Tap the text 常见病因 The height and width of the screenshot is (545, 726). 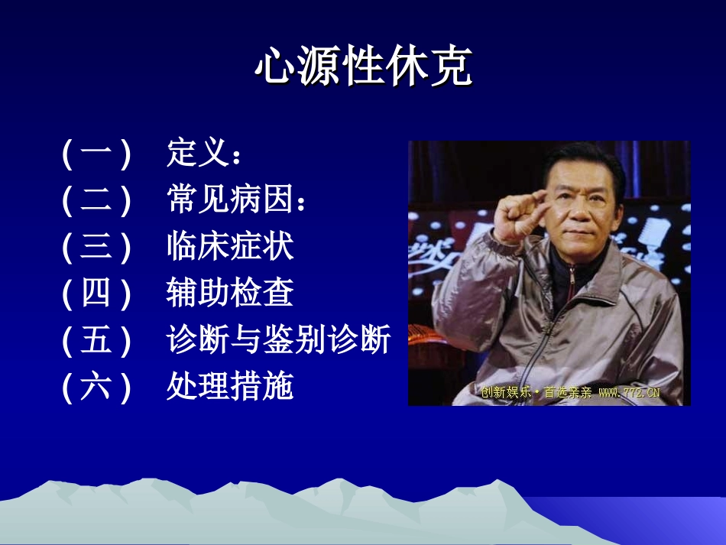pos(230,199)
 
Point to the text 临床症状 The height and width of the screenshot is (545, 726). pos(230,246)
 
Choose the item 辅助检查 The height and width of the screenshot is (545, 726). pos(230,293)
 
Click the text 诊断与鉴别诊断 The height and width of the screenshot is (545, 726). pos(278,339)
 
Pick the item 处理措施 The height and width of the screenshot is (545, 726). pos(230,386)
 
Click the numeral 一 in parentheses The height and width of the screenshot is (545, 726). pos(96,152)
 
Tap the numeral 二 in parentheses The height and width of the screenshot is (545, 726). pos(96,199)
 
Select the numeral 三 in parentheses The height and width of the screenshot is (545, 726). pos(96,246)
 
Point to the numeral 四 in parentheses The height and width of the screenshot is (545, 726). pos(96,293)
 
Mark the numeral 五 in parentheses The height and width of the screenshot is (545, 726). pos(96,339)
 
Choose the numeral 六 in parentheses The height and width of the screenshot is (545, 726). pos(96,386)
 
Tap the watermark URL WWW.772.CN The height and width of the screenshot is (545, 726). pos(629,393)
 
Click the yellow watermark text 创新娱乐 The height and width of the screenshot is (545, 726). pos(506,393)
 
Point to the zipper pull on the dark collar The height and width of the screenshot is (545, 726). pos(572,279)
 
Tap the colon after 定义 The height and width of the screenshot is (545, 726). pos(237,156)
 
